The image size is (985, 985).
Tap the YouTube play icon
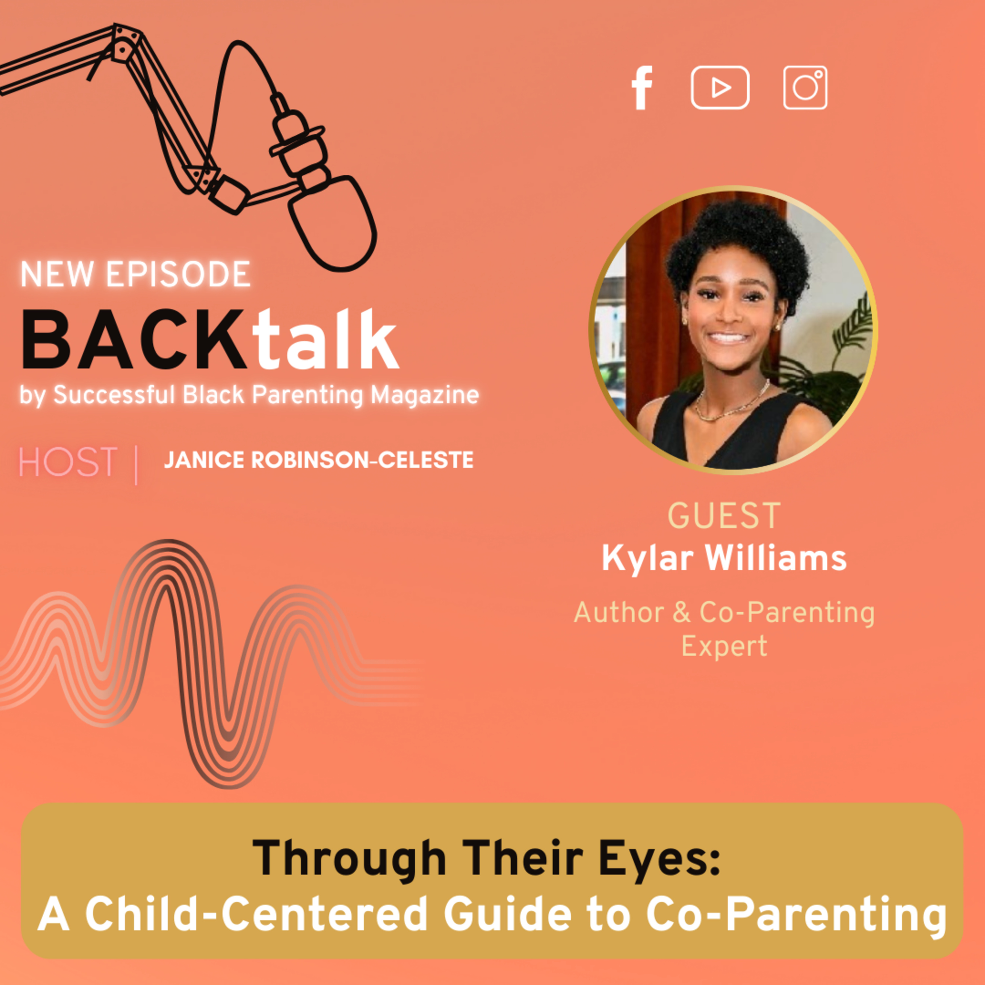pyautogui.click(x=720, y=88)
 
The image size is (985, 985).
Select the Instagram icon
pyautogui.click(x=805, y=88)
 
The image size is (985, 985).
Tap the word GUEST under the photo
pyautogui.click(x=724, y=516)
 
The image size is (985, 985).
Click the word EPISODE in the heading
pyautogui.click(x=178, y=274)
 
